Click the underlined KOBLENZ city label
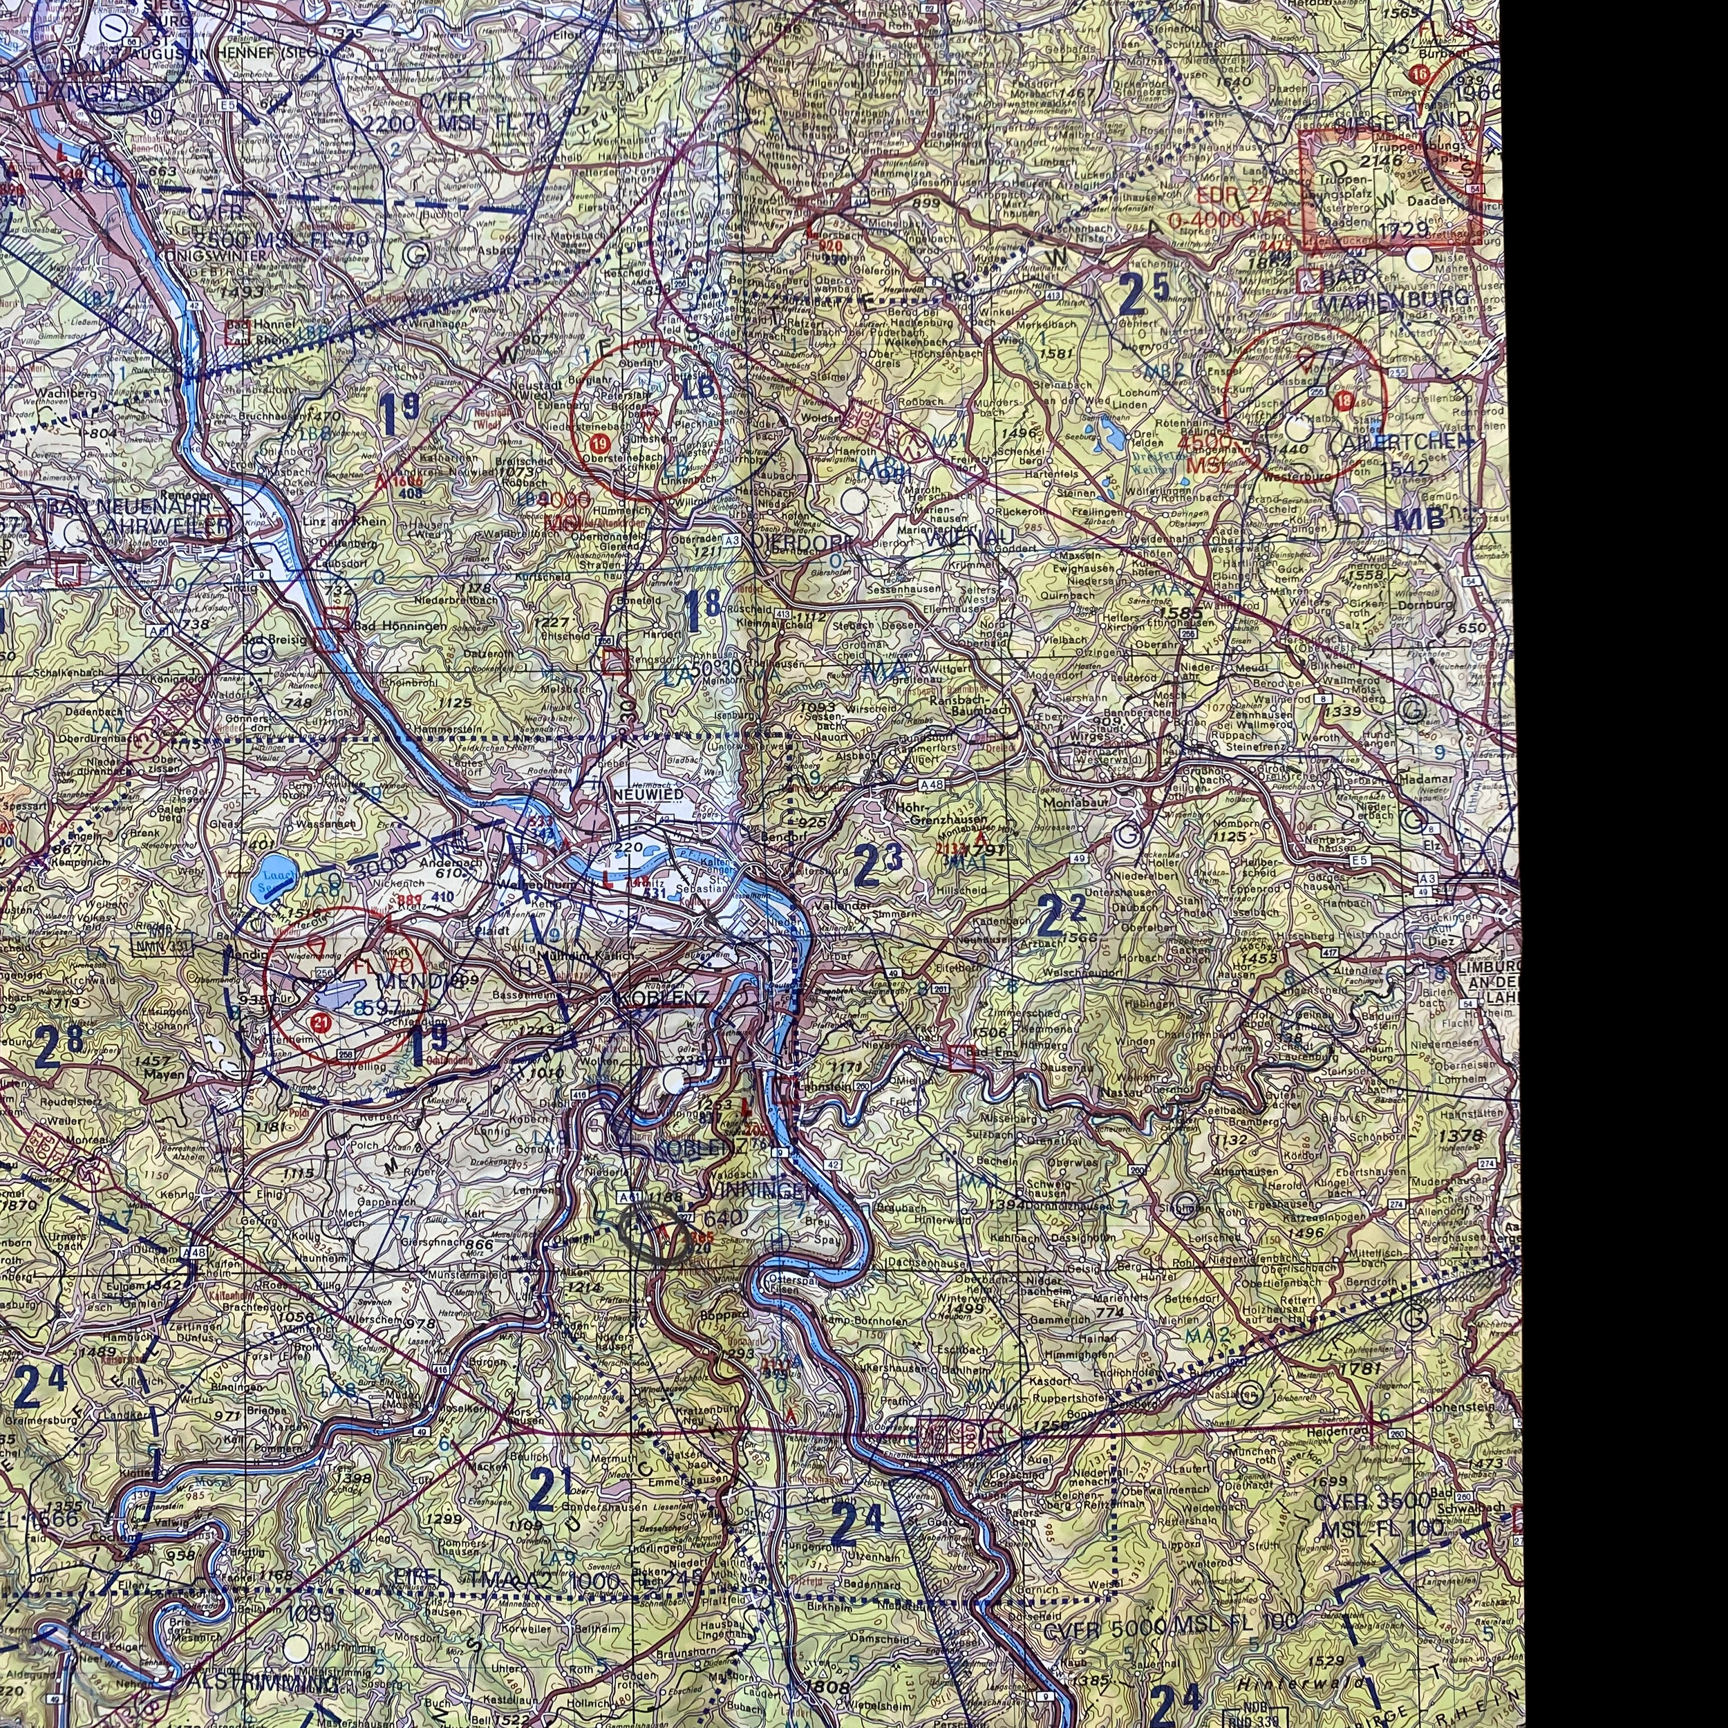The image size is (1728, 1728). (664, 998)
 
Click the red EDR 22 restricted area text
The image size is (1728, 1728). (1234, 196)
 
